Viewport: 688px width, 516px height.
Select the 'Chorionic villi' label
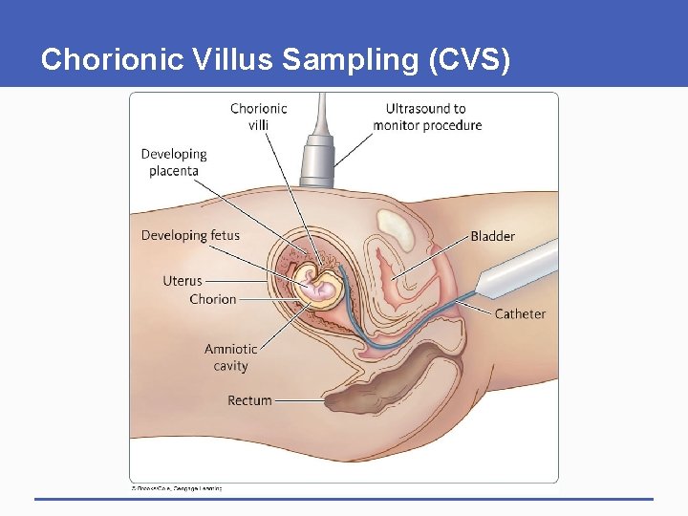pyautogui.click(x=258, y=116)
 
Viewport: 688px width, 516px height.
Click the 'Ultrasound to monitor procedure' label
pyautogui.click(x=427, y=117)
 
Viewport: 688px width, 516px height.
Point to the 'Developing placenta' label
pyautogui.click(x=174, y=162)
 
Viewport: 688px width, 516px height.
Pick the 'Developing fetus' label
pyautogui.click(x=190, y=235)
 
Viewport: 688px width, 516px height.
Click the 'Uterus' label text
pyautogui.click(x=183, y=281)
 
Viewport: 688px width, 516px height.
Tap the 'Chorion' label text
pyautogui.click(x=212, y=299)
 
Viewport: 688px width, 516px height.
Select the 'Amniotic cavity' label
pyautogui.click(x=230, y=357)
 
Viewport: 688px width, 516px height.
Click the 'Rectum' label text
pyautogui.click(x=249, y=400)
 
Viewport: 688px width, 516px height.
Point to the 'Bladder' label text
pyautogui.click(x=492, y=236)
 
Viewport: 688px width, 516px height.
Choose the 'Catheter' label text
pyautogui.click(x=520, y=313)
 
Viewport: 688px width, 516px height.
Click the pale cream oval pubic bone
pyautogui.click(x=395, y=228)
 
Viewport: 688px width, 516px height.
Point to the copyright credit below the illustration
pyautogui.click(x=177, y=487)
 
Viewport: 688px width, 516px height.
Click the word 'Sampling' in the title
pyautogui.click(x=340, y=60)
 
